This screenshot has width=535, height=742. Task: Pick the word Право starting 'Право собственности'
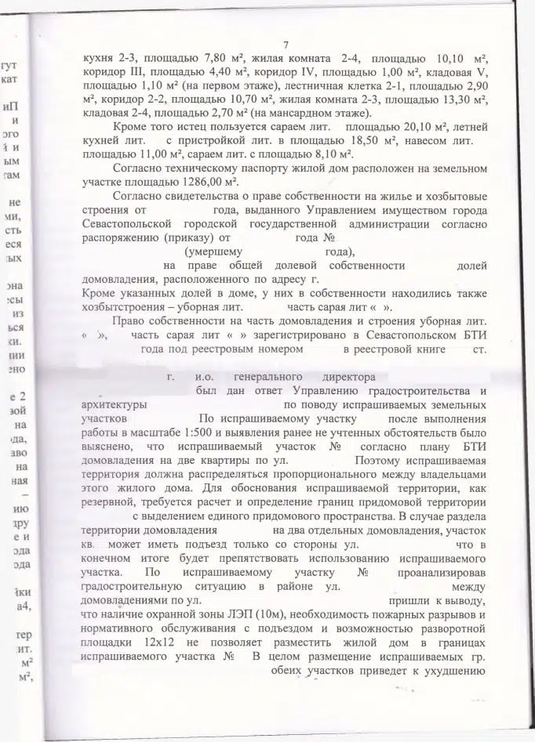pos(130,322)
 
